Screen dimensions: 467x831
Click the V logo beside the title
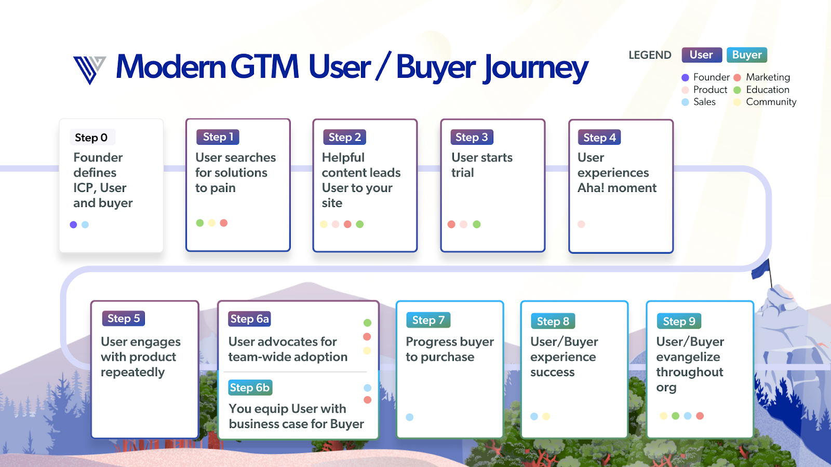tap(89, 69)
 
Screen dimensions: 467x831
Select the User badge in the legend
tap(701, 55)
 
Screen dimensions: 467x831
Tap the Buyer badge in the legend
tap(746, 55)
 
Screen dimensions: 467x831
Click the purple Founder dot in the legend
tap(685, 77)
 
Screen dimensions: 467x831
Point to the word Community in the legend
tap(771, 102)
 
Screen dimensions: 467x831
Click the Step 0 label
tap(91, 138)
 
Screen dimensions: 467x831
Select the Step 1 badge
tap(218, 137)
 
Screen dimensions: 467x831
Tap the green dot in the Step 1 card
tap(200, 223)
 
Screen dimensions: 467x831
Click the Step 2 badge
tap(344, 138)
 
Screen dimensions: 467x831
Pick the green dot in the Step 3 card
tap(477, 224)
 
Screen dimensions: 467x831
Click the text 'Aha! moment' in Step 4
tap(617, 188)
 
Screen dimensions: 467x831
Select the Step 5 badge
tap(123, 319)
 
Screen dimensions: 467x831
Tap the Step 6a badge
tap(249, 319)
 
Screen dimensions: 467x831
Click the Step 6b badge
tap(250, 388)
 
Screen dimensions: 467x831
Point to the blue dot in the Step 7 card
tap(410, 417)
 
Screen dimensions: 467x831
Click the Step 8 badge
tap(553, 322)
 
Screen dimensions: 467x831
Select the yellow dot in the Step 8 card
tap(546, 416)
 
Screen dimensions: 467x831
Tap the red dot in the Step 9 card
tap(700, 416)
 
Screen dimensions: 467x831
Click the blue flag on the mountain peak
tap(761, 269)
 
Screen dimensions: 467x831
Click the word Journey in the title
tap(536, 67)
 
